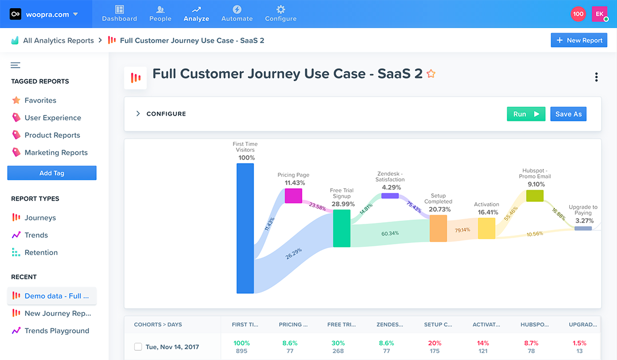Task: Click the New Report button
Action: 578,41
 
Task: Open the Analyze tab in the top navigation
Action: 196,14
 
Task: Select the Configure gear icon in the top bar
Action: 281,9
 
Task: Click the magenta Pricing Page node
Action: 294,195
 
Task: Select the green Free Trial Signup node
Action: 341,228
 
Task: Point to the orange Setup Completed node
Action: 438,228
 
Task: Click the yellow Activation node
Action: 486,228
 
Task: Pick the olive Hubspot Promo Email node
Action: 535,195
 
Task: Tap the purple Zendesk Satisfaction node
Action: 390,195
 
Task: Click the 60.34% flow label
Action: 390,233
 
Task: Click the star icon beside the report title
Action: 431,74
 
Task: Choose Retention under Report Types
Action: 41,253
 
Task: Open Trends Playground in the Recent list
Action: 57,331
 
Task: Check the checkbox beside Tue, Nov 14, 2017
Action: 138,347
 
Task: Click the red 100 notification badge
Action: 578,14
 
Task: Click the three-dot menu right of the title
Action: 596,77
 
